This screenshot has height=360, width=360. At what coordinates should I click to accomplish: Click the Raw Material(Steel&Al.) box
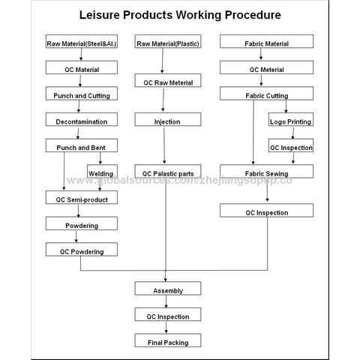82,41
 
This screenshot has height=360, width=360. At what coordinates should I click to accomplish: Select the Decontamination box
82,119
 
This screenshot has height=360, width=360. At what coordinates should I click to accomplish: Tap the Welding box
102,171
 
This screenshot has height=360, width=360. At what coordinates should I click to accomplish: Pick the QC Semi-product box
82,197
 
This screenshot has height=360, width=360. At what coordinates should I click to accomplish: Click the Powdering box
82,223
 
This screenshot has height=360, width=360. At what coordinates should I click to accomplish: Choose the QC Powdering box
82,249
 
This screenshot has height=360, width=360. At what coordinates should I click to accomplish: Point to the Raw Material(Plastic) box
168,41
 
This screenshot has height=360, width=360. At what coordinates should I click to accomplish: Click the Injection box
168,119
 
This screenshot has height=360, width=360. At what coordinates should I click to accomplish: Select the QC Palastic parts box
168,171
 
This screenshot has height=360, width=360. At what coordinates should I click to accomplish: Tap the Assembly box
168,288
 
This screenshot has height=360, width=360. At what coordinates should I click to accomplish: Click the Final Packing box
168,340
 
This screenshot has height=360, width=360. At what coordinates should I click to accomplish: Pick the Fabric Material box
266,41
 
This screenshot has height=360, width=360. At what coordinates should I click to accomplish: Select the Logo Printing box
291,119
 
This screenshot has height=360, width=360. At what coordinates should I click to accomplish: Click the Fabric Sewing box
266,171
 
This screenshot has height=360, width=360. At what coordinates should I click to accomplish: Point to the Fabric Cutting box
266,93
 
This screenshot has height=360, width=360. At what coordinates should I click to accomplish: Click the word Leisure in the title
100,15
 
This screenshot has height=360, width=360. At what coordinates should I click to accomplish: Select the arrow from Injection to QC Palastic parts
164,145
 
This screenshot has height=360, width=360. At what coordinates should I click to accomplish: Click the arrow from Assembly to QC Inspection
166,301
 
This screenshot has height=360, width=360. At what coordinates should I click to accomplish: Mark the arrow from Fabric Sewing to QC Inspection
267,190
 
